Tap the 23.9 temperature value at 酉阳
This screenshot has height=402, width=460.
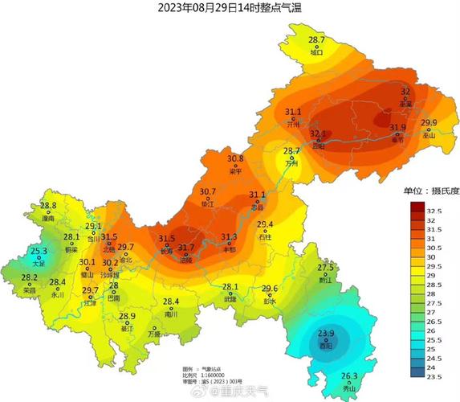(325, 333)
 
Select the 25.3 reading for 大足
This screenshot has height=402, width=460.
(39, 252)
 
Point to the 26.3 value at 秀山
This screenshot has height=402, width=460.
(349, 376)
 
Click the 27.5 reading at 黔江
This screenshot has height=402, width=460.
(325, 268)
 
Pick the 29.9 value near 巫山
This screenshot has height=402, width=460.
(429, 123)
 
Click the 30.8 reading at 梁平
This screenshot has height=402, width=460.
(235, 159)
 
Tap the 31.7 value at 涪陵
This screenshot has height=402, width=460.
(186, 248)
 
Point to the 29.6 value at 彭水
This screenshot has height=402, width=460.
(270, 289)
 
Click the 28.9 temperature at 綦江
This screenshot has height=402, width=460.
(128, 316)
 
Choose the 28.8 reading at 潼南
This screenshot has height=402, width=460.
(48, 206)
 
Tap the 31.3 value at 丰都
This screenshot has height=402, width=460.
(230, 237)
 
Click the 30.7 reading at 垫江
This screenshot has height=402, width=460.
(208, 191)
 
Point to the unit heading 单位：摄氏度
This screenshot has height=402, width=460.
(431, 191)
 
